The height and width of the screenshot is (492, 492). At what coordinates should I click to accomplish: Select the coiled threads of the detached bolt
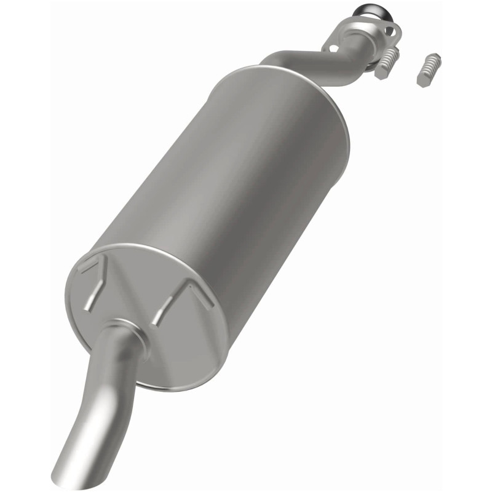pyautogui.click(x=432, y=64)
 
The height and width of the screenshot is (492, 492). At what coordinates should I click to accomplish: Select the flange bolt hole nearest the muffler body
pyautogui.click(x=333, y=47)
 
